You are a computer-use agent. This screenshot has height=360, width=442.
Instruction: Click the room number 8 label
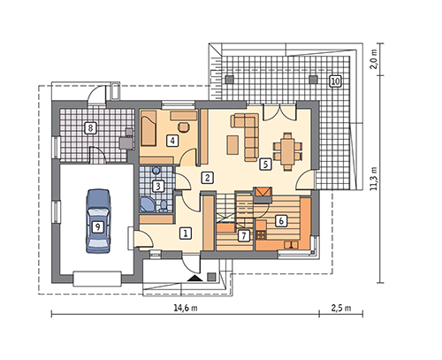pos(90,128)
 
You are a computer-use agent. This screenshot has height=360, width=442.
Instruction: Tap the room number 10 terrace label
pos(335,80)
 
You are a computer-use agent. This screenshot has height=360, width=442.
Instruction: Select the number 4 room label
pos(172,141)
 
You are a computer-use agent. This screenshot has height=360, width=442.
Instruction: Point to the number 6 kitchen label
pos(281,221)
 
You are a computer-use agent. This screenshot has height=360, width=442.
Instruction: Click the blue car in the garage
pos(98,221)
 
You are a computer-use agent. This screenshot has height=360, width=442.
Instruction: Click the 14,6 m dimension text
pos(186,308)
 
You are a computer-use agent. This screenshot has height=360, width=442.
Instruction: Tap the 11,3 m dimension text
pos(374,178)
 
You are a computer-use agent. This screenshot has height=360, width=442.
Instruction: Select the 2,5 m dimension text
pos(341,308)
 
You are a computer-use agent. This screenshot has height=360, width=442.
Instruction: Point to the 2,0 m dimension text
pos(374,59)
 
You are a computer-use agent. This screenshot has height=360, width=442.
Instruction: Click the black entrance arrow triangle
pos(194,278)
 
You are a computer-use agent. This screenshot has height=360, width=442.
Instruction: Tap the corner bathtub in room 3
pos(148,204)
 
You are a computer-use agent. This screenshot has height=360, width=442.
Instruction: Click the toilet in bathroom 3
pos(164,206)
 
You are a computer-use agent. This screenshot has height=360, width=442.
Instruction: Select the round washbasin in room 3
pos(156,171)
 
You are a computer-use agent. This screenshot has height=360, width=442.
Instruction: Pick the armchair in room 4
pos(184,126)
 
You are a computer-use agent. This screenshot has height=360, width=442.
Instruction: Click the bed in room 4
pos(149,131)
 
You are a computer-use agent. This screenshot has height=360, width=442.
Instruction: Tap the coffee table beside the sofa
pos(232,144)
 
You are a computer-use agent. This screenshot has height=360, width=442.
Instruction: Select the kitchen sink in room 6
pos(292,245)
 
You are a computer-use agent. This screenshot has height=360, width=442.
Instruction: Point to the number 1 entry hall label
pos(186,234)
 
